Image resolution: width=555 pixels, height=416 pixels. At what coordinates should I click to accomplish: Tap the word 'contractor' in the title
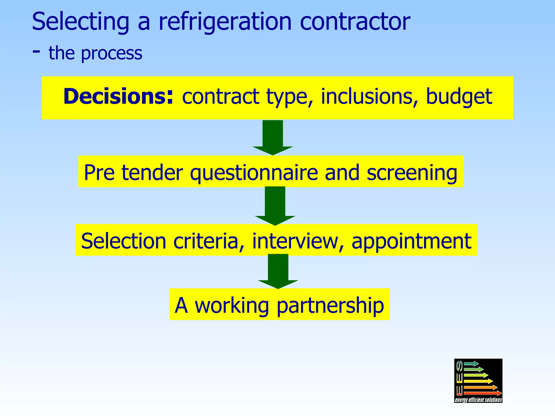(355, 22)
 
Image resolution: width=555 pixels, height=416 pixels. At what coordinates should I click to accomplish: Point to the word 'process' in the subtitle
(112, 53)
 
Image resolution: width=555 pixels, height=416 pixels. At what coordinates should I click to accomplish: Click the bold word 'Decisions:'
(118, 97)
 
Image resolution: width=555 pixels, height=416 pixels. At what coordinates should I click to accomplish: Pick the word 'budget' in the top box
(459, 97)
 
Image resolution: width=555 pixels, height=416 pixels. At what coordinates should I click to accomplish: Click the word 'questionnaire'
(254, 173)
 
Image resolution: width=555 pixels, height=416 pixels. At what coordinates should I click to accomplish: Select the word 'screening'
(412, 173)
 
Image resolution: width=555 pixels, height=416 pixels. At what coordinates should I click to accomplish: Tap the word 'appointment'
(411, 241)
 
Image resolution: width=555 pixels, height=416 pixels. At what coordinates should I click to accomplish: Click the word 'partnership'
(330, 305)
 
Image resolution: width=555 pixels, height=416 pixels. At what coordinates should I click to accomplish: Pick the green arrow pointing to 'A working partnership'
(278, 271)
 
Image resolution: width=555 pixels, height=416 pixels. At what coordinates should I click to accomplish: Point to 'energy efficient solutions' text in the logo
(478, 400)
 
